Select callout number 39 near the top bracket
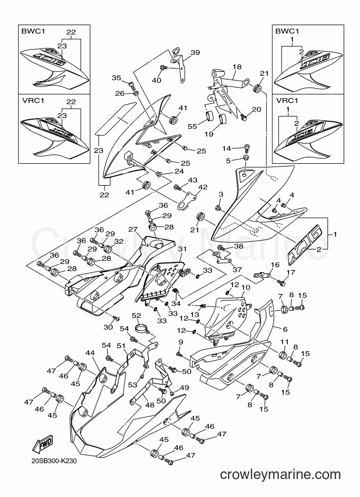tap(195, 53)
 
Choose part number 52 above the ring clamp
tap(136, 315)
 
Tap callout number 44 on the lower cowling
tap(90, 353)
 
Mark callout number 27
tap(133, 229)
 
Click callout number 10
tap(246, 287)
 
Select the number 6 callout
tap(285, 329)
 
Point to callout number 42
tap(203, 187)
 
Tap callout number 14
tap(227, 148)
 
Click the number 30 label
tap(108, 327)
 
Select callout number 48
tap(150, 405)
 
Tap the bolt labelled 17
tap(280, 280)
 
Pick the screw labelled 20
tap(243, 116)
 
